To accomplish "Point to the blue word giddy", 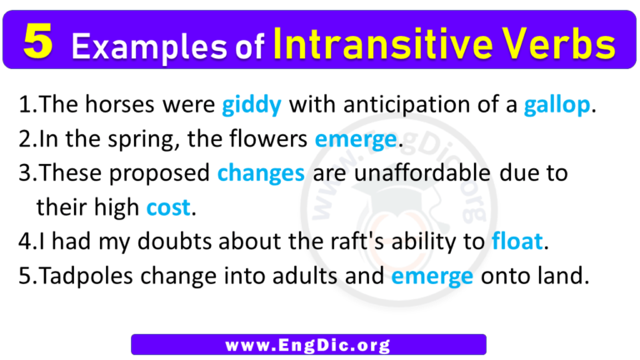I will tap(252, 106).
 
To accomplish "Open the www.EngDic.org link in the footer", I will tap(308, 343).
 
